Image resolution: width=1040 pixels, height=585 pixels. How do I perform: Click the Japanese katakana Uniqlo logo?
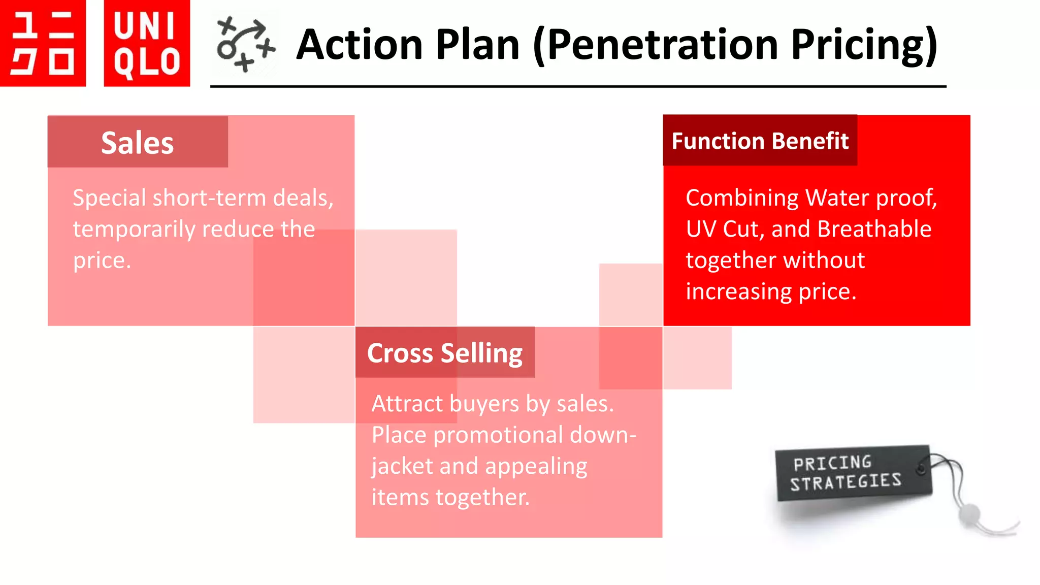43,43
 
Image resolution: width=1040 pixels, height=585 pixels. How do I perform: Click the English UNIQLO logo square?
147,43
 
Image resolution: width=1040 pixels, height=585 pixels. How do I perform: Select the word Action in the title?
359,45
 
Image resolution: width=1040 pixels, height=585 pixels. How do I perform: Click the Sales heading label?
138,143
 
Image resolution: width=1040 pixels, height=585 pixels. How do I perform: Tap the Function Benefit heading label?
760,141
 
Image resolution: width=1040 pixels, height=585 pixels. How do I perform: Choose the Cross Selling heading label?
444,353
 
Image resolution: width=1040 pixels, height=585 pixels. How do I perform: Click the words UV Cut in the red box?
725,229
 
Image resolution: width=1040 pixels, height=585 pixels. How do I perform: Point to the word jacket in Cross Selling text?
402,466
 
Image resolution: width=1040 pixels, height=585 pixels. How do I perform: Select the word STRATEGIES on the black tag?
846,482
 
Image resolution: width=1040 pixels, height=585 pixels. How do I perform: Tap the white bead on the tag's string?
969,513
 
